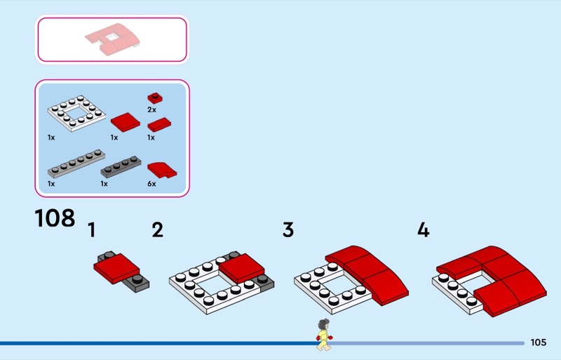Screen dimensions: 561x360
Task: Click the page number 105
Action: tap(539, 342)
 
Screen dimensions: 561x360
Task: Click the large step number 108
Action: tap(55, 218)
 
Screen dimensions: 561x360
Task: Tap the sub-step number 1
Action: tap(92, 230)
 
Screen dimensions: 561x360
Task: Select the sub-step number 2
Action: tap(157, 230)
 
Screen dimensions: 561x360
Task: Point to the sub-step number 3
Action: tap(288, 230)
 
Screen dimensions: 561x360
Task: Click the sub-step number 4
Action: tap(424, 229)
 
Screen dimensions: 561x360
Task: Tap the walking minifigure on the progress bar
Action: tap(324, 335)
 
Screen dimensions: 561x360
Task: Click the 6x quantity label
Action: tap(151, 184)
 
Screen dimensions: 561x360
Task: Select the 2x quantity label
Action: tap(151, 109)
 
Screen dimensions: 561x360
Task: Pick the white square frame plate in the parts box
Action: tap(76, 113)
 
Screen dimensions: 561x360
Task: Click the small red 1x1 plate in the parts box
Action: tap(155, 98)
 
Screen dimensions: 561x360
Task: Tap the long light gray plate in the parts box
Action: tap(76, 164)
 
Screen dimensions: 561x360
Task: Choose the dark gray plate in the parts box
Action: tap(121, 167)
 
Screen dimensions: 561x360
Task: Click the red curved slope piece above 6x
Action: tap(162, 170)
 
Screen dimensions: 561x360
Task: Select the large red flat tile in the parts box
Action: tap(126, 122)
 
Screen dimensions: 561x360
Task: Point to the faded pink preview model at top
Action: tap(112, 39)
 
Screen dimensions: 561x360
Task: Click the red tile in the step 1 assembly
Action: tap(116, 269)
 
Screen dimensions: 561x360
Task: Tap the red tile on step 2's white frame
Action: tap(241, 268)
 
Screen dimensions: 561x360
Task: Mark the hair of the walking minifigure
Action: tap(324, 324)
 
